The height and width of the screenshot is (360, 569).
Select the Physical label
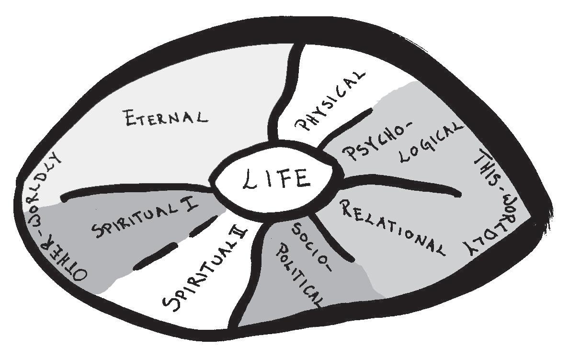(330, 101)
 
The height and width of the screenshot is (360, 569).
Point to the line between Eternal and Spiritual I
(134, 190)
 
